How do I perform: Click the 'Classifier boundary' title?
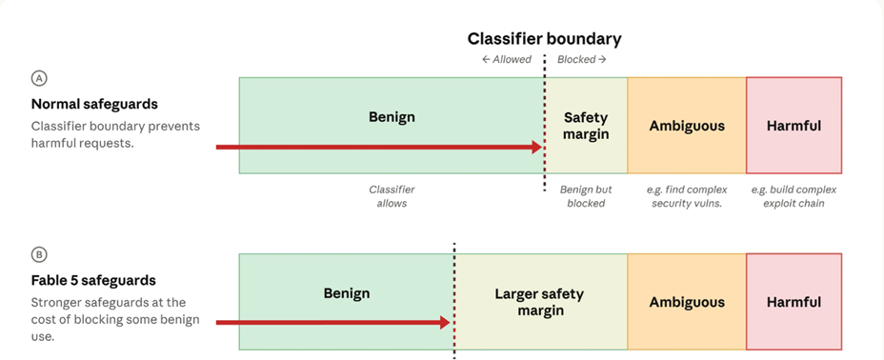(x=544, y=39)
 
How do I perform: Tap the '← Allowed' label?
(x=506, y=59)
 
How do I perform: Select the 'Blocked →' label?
(x=582, y=59)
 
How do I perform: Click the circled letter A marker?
(x=39, y=78)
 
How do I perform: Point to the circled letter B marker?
(x=39, y=254)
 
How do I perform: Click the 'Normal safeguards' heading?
(x=94, y=104)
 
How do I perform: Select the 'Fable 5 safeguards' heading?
(x=93, y=281)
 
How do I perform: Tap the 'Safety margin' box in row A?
(x=586, y=126)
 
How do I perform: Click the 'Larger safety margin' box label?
(x=539, y=302)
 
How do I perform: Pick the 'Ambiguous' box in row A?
(x=687, y=126)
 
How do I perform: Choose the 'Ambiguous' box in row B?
(x=687, y=302)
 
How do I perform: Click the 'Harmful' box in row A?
(x=794, y=126)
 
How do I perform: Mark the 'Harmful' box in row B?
(x=794, y=302)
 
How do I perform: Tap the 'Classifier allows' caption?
(x=392, y=196)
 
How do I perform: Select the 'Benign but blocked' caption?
(x=586, y=196)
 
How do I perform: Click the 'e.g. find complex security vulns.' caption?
(x=687, y=196)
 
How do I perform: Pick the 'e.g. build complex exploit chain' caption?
(x=794, y=196)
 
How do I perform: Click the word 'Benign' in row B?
(x=347, y=293)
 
